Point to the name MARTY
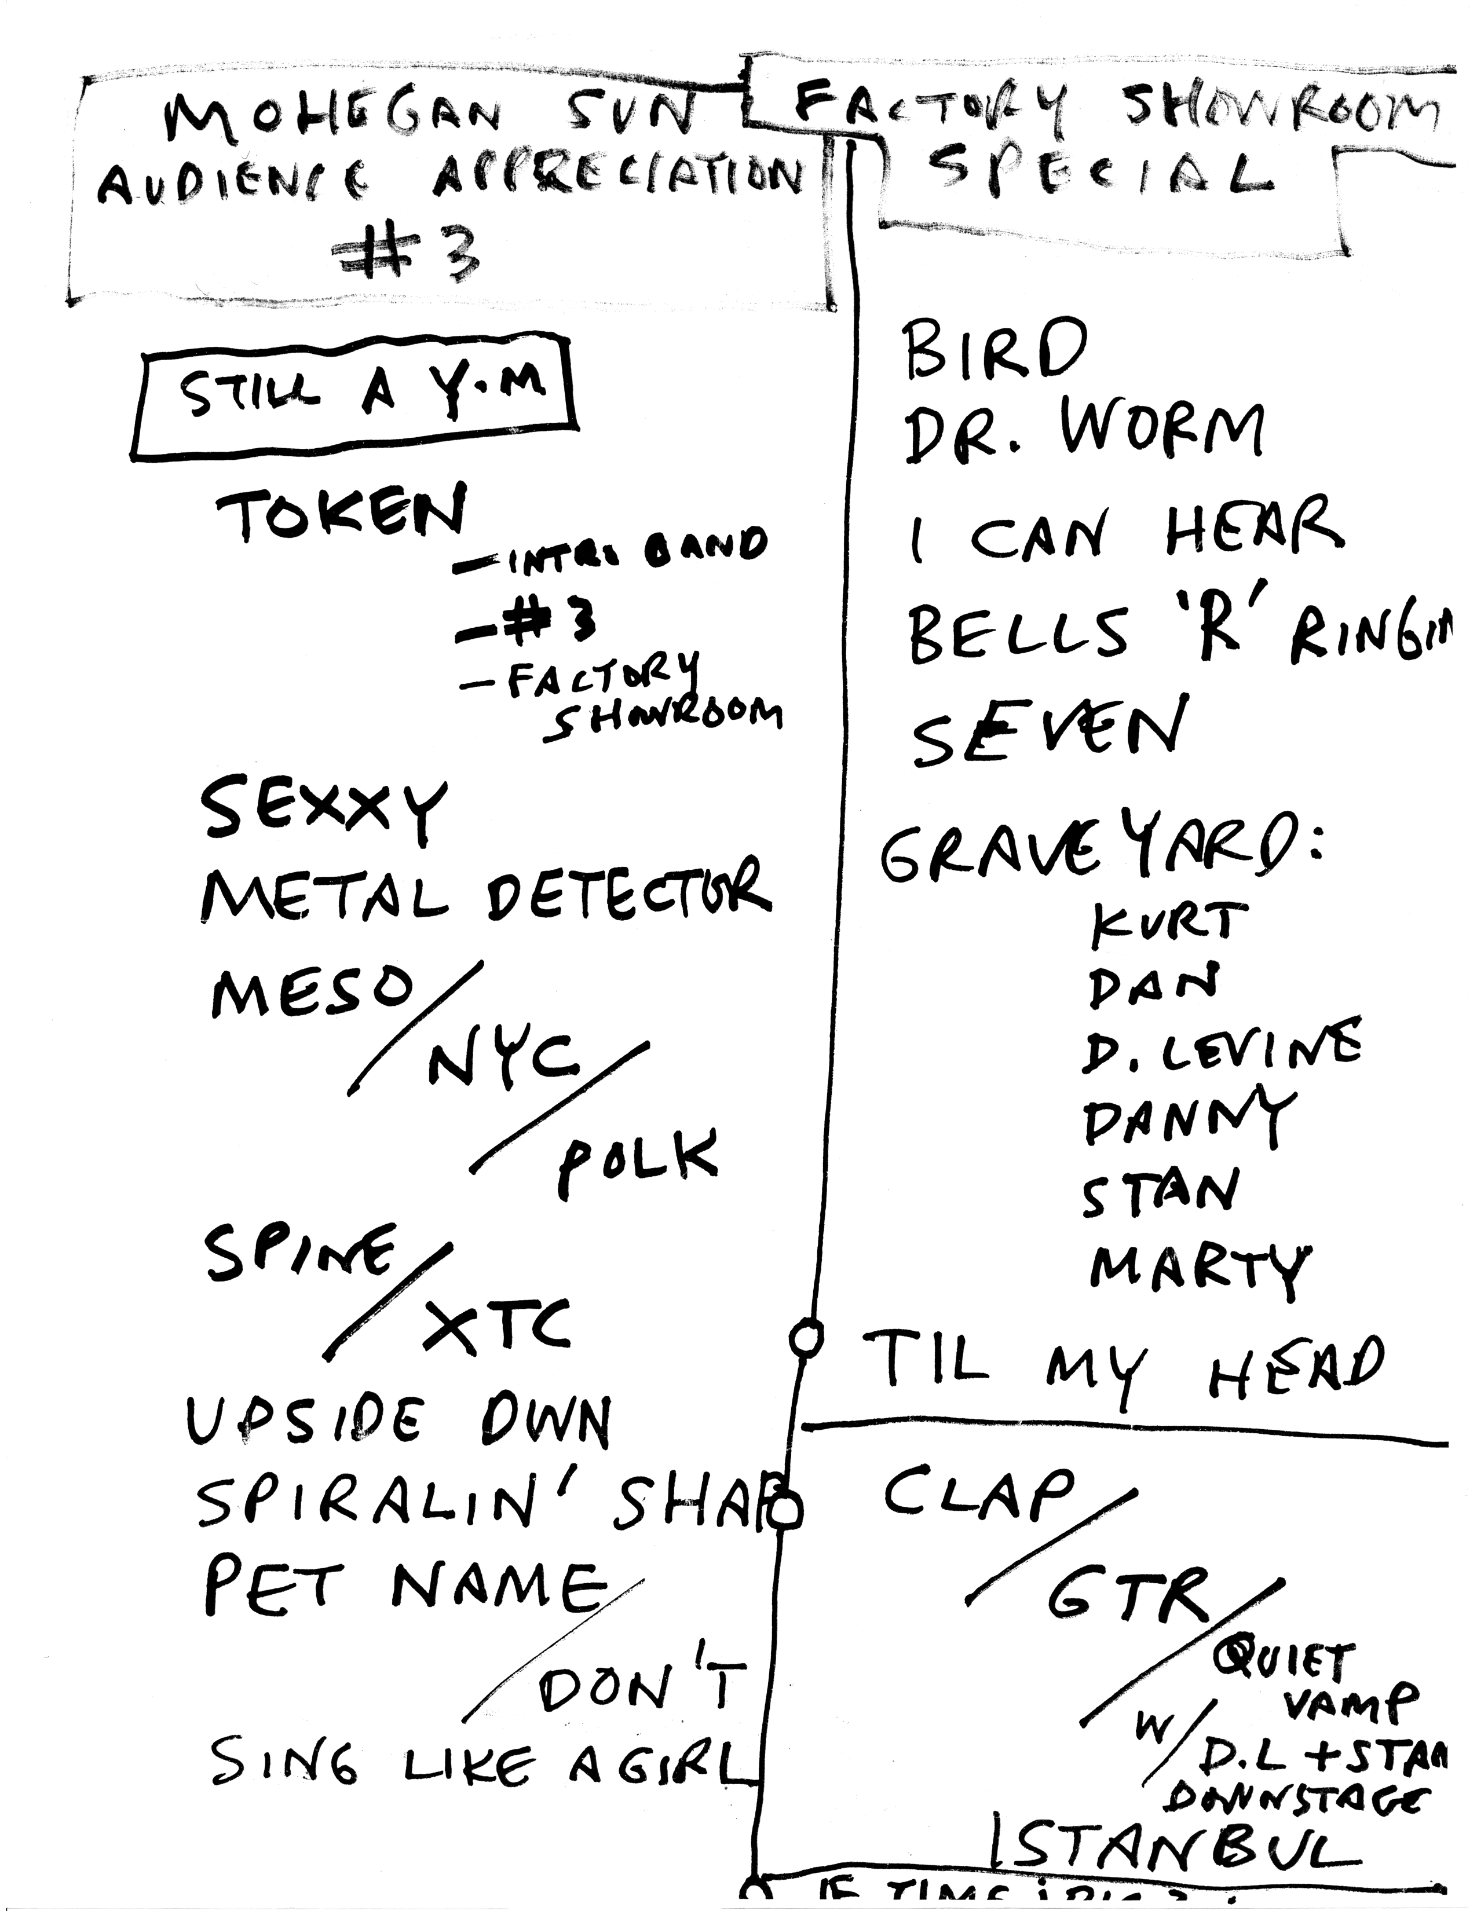pyautogui.click(x=1199, y=1269)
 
